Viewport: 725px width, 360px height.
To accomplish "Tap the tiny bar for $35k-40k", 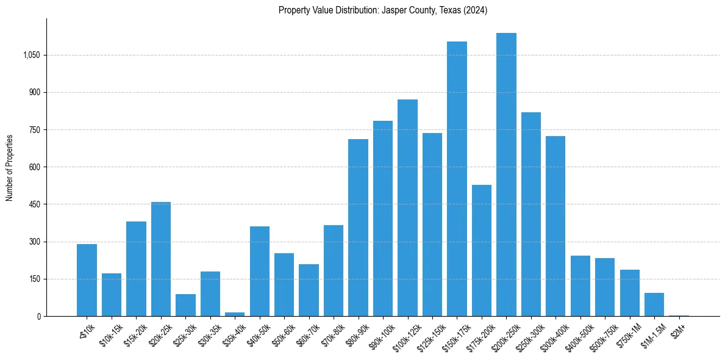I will coord(235,314).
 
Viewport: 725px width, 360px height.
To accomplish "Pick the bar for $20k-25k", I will coord(161,259).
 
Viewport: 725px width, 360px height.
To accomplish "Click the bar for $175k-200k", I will coord(482,250).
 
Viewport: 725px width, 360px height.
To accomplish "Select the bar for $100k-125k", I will coord(407,207).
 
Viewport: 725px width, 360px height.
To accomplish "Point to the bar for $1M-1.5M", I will coord(654,304).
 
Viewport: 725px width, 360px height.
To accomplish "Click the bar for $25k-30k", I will coord(185,305).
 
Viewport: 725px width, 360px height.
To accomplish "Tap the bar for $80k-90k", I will coord(358,228).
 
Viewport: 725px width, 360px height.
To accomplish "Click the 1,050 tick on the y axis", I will coord(32,56).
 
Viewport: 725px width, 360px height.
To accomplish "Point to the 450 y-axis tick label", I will coord(35,204).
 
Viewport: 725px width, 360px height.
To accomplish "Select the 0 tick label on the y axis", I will coord(39,317).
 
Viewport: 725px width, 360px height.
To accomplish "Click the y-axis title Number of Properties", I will coord(10,167).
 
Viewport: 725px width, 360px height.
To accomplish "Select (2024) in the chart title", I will coord(476,10).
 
